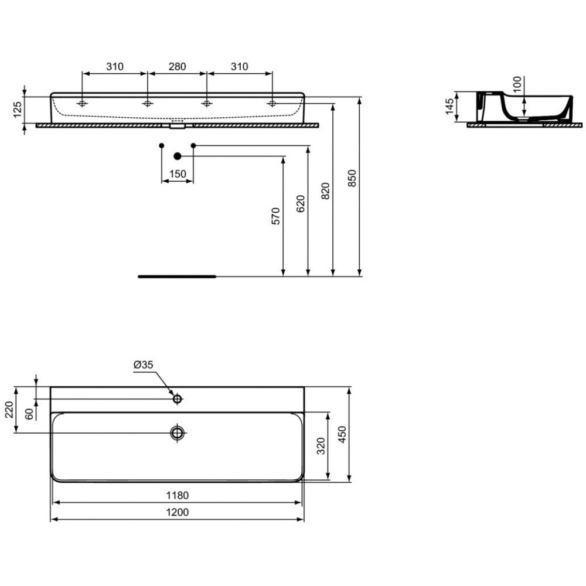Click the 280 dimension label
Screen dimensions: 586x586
point(177,67)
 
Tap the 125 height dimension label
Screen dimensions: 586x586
point(18,110)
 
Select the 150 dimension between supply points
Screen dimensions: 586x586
point(178,174)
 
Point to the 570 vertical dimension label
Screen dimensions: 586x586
point(275,216)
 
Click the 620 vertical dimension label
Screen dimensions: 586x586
point(301,203)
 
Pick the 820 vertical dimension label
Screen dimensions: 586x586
point(325,190)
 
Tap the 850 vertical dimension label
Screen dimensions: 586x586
point(352,178)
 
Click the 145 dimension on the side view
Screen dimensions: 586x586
point(449,107)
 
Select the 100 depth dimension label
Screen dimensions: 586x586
point(517,84)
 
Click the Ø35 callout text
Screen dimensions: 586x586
point(144,364)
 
